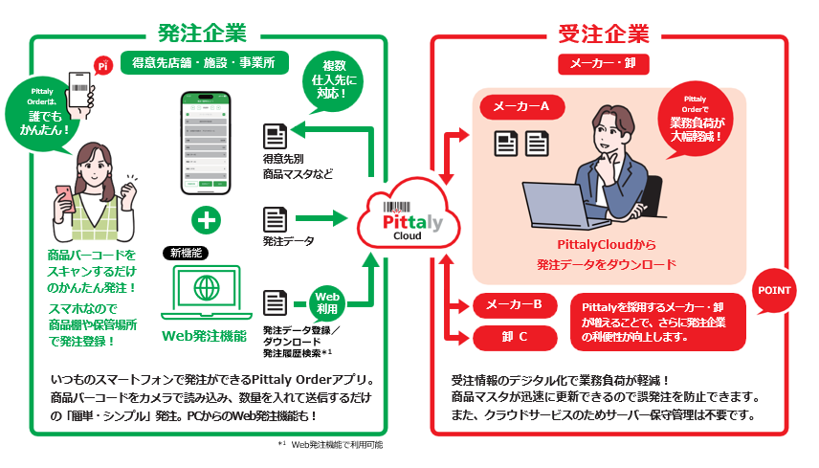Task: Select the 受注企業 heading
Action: [x=603, y=33]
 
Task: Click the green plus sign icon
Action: [x=207, y=218]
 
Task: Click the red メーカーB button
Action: [x=515, y=305]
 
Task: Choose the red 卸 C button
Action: [x=515, y=337]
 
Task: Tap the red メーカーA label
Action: [x=520, y=106]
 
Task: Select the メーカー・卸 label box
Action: [x=602, y=62]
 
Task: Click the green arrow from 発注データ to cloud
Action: [x=326, y=219]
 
